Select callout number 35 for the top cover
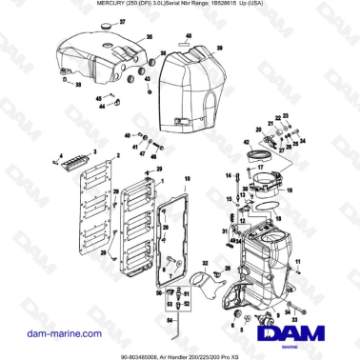[150, 37]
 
